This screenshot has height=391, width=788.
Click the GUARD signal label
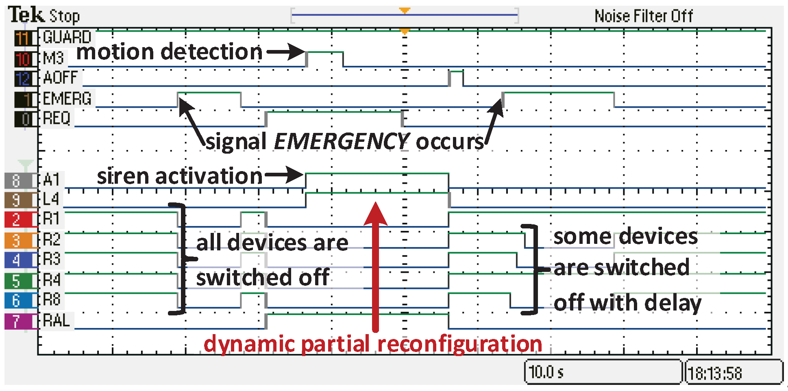(x=67, y=37)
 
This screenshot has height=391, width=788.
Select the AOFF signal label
(x=60, y=78)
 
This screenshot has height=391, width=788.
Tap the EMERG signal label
(x=67, y=99)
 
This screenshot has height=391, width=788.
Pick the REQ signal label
(x=57, y=119)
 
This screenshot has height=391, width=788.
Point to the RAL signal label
(x=57, y=321)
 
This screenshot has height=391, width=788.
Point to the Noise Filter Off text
(x=644, y=16)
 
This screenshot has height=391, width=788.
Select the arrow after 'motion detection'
(x=286, y=52)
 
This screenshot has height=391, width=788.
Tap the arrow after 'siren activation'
(x=285, y=176)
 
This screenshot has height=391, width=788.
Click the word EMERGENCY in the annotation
(x=342, y=141)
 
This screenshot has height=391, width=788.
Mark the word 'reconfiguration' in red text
(x=460, y=344)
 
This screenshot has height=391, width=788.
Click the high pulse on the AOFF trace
(x=456, y=72)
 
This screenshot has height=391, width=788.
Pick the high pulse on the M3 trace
(x=324, y=53)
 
